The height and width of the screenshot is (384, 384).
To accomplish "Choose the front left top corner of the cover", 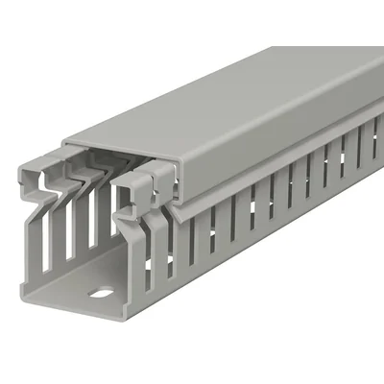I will [x=67, y=141].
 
